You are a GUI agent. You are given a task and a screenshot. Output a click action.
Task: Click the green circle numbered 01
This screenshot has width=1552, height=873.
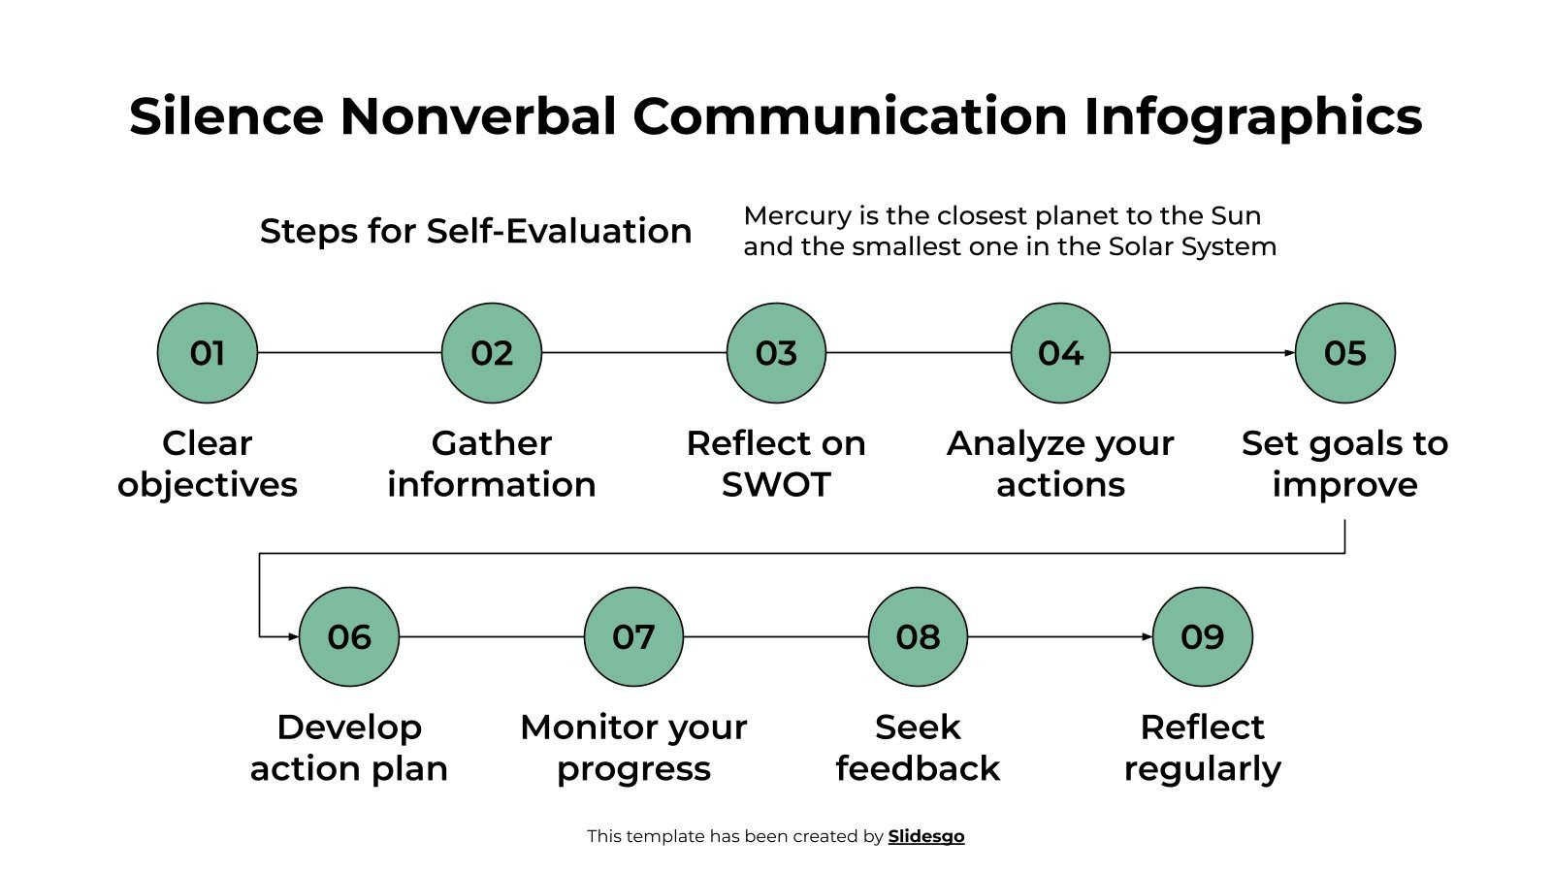coord(207,353)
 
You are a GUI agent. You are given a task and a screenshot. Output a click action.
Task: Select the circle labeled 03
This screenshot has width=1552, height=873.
coord(776,353)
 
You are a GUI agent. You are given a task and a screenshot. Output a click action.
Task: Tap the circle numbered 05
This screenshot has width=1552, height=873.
coord(1344,353)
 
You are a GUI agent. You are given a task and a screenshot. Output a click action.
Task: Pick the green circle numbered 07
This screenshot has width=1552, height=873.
coord(633,637)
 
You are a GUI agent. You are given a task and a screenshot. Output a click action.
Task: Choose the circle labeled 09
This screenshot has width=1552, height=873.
coord(1202,637)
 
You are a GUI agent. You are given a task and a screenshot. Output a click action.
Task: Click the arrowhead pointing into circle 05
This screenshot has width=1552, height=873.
coord(1289,353)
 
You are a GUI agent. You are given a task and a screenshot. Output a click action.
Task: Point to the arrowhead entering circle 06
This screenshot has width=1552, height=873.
coord(293,637)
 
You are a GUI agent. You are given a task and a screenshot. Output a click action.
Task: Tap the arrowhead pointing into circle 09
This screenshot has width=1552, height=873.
coord(1147,637)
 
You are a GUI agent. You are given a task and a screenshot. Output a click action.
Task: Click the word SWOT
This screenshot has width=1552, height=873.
coord(776,485)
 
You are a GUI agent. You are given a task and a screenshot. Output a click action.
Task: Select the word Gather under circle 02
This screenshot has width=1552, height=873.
coord(491,443)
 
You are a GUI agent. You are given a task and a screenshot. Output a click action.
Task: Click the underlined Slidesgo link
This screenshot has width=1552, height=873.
coord(925,836)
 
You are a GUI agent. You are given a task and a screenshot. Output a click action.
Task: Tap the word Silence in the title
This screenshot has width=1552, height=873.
coord(226,116)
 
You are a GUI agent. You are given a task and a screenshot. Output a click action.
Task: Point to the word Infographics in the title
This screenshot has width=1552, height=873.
coord(1252,116)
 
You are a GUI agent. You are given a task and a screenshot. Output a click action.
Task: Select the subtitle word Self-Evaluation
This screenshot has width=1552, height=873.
coord(559,231)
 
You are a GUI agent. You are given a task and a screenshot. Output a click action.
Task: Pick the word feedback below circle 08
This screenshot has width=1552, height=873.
coord(918,768)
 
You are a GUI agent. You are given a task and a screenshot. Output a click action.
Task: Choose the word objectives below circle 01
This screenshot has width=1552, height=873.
coord(207,485)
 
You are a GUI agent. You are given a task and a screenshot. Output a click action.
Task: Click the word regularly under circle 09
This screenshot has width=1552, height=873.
coord(1202,768)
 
